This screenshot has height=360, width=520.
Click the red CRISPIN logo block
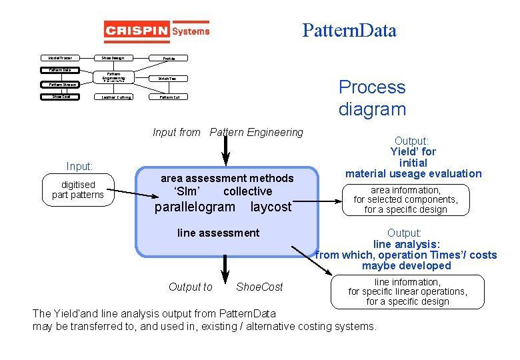pos(137,31)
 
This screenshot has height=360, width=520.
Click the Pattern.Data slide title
pos(349,30)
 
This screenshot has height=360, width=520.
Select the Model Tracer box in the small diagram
pos(61,58)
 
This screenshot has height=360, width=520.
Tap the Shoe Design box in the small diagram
pos(113,58)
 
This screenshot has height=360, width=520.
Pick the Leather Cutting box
pos(116,97)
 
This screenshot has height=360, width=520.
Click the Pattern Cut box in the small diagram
pos(169,97)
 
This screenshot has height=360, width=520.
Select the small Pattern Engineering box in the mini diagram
pos(113,77)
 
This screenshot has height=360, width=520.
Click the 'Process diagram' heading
pos(371,98)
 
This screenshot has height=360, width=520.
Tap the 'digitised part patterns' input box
pos(78,189)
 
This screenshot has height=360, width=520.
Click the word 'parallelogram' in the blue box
pos(195,207)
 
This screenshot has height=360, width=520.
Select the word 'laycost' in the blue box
pos(271,207)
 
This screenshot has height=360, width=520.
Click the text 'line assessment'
pos(218,233)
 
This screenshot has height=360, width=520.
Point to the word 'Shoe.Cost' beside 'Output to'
pos(259,287)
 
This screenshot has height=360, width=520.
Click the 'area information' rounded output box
pos(405,199)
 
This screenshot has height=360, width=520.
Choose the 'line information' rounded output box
pos(407,292)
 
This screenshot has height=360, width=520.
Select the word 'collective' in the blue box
pos(247,191)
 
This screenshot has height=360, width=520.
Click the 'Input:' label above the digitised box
pos(79,166)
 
